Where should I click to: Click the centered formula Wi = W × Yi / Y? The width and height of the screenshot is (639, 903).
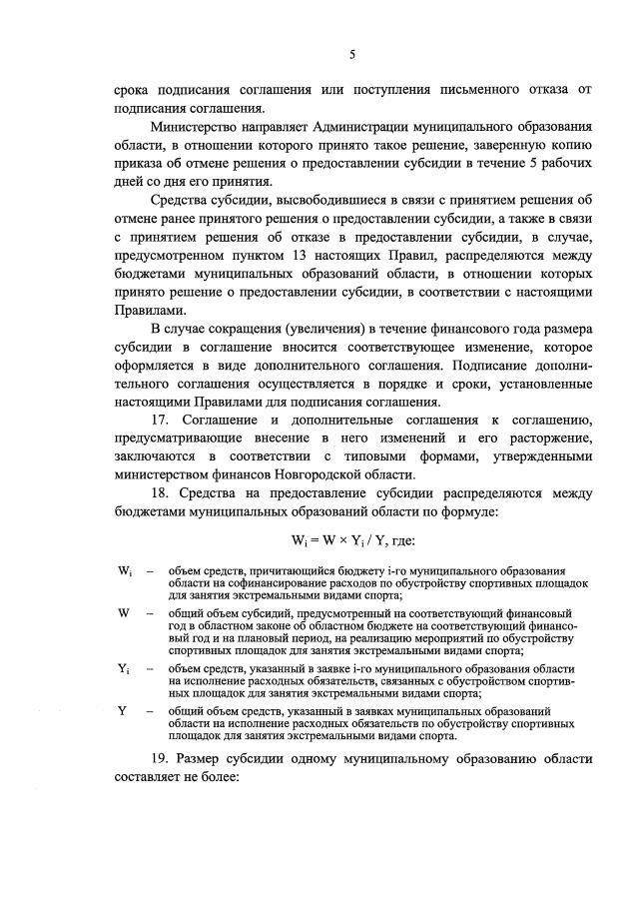click(x=351, y=540)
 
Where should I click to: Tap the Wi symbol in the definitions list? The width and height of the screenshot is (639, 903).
click(x=125, y=570)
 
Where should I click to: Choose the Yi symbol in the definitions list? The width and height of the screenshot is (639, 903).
click(x=125, y=669)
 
